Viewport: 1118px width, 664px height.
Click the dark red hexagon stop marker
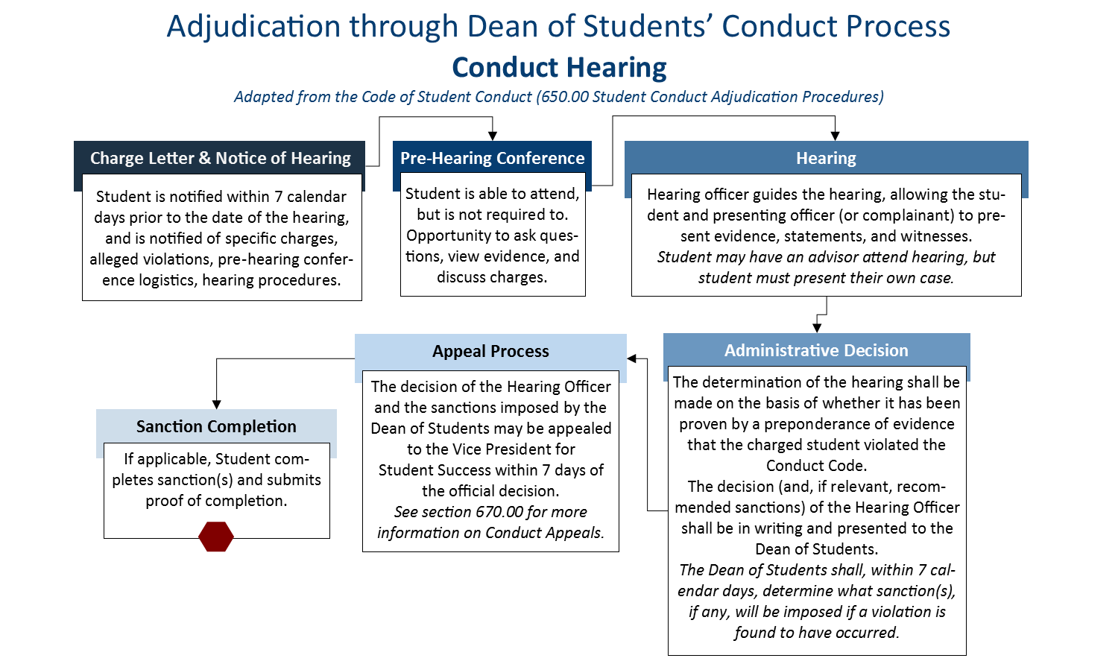click(215, 537)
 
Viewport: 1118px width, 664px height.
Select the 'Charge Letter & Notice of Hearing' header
click(220, 158)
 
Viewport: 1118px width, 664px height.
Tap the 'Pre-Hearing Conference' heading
click(492, 158)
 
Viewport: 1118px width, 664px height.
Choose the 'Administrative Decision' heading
click(816, 350)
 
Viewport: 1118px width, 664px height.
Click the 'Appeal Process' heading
click(490, 351)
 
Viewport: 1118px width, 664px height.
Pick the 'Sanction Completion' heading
click(216, 426)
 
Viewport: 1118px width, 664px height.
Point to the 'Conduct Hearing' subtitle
click(559, 67)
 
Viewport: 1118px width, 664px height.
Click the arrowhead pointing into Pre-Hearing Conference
click(493, 136)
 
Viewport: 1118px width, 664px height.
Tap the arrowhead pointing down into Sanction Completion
click(217, 404)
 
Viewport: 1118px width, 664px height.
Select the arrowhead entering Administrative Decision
click(817, 328)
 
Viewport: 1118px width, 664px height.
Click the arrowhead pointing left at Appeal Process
click(631, 358)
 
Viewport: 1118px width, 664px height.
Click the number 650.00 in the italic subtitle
click(564, 97)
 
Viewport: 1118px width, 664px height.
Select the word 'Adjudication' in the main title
click(253, 27)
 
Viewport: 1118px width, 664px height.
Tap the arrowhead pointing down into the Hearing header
click(835, 136)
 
